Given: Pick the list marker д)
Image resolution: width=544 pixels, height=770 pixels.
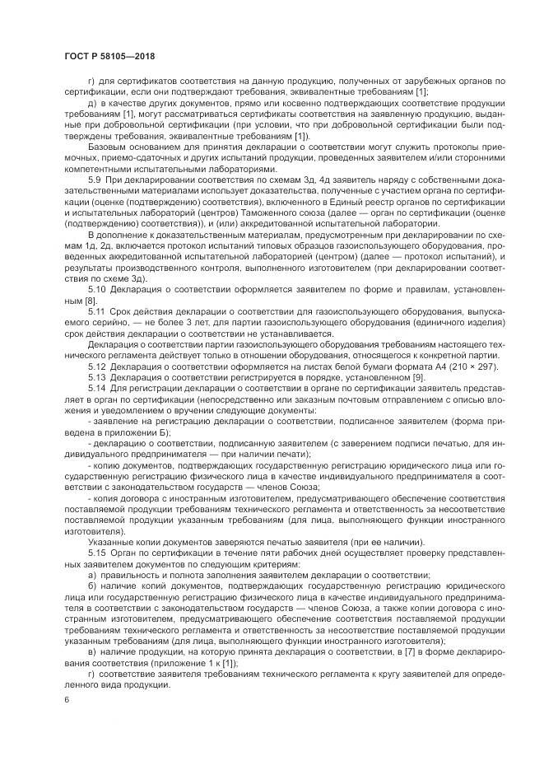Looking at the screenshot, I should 92,103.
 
